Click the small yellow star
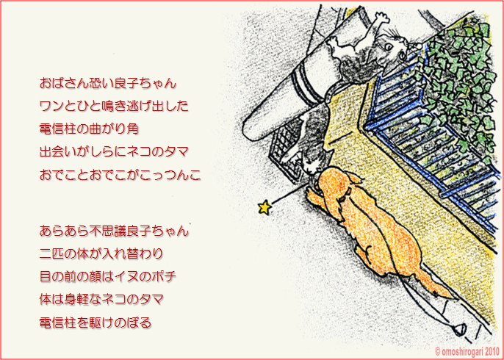click(x=264, y=207)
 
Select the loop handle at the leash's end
click(x=459, y=329)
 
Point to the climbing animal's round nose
click(x=417, y=47)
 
